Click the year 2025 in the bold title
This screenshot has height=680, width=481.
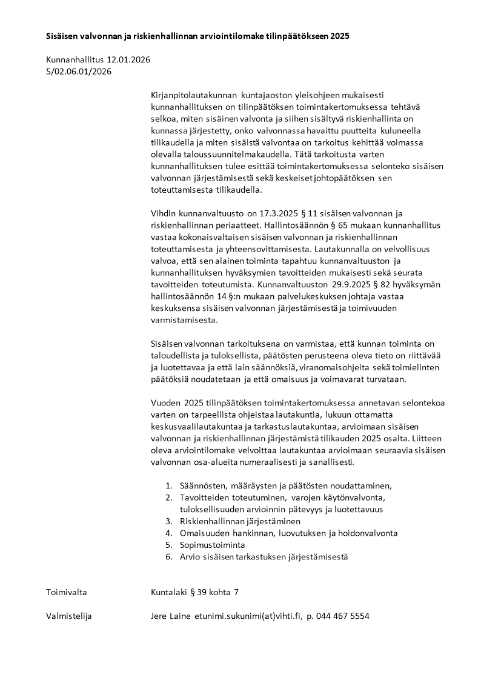coord(340,36)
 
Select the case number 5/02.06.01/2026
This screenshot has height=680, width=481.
coord(79,72)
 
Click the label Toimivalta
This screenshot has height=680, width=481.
coord(67,592)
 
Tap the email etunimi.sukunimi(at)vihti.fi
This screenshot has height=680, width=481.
coord(247,616)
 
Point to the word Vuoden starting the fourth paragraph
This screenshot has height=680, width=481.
coord(165,403)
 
